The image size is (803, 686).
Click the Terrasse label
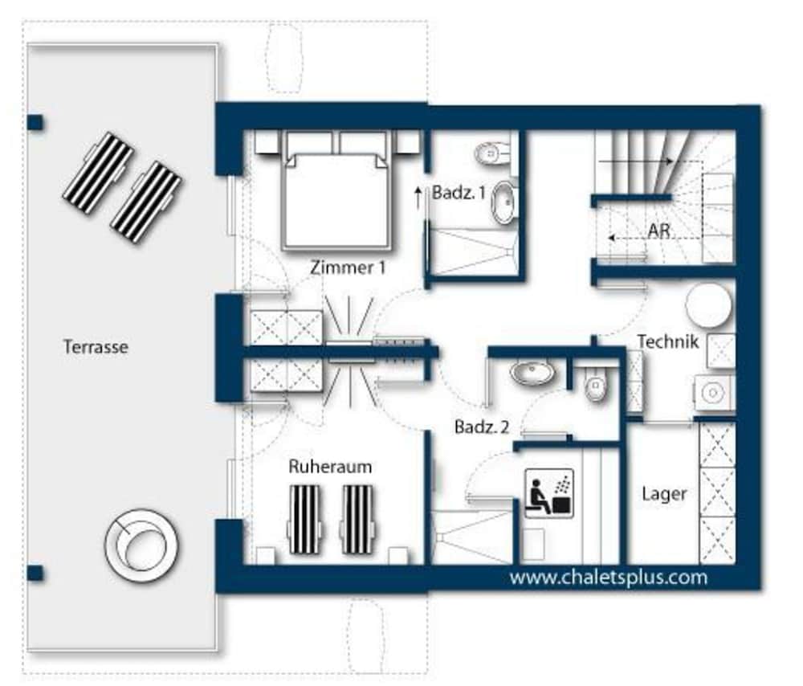point(96,347)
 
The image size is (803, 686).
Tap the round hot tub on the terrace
point(141,545)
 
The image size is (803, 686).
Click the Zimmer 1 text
point(348,267)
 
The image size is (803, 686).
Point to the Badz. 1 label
point(459,193)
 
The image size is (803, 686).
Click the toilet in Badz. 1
point(493,153)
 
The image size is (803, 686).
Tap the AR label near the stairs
point(658,231)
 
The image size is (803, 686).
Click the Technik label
point(668,341)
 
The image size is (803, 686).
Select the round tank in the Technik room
point(709,305)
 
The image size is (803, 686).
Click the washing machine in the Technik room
point(714,393)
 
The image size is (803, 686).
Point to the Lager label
point(664,494)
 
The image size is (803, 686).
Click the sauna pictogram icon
point(549,493)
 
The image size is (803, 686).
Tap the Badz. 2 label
point(482,427)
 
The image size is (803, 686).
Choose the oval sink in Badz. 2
point(532,373)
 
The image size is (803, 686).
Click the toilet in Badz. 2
point(596,387)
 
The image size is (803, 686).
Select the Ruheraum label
point(330,467)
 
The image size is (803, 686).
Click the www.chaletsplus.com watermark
point(609,578)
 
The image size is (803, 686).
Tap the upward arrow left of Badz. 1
point(418,198)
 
